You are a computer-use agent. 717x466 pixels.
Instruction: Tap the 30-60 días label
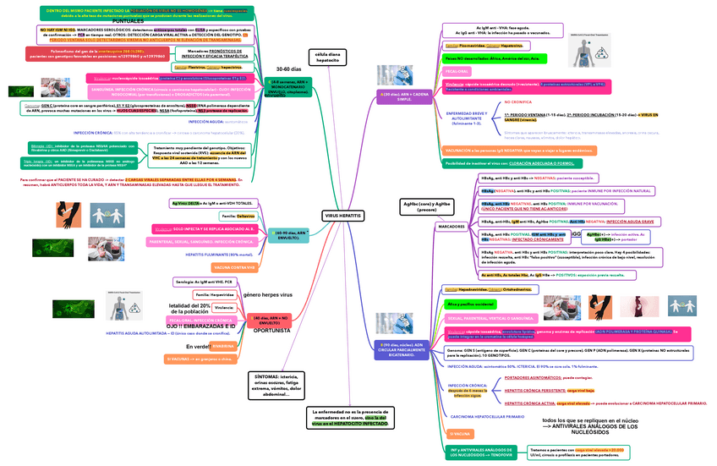tap(289, 68)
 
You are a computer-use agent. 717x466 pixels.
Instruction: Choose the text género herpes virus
tap(267, 294)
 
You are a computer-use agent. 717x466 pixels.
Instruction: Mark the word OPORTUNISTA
tap(271, 331)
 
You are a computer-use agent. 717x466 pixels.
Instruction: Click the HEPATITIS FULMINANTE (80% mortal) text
tap(219, 254)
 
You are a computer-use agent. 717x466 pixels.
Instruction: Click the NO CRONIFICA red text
tap(519, 101)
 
